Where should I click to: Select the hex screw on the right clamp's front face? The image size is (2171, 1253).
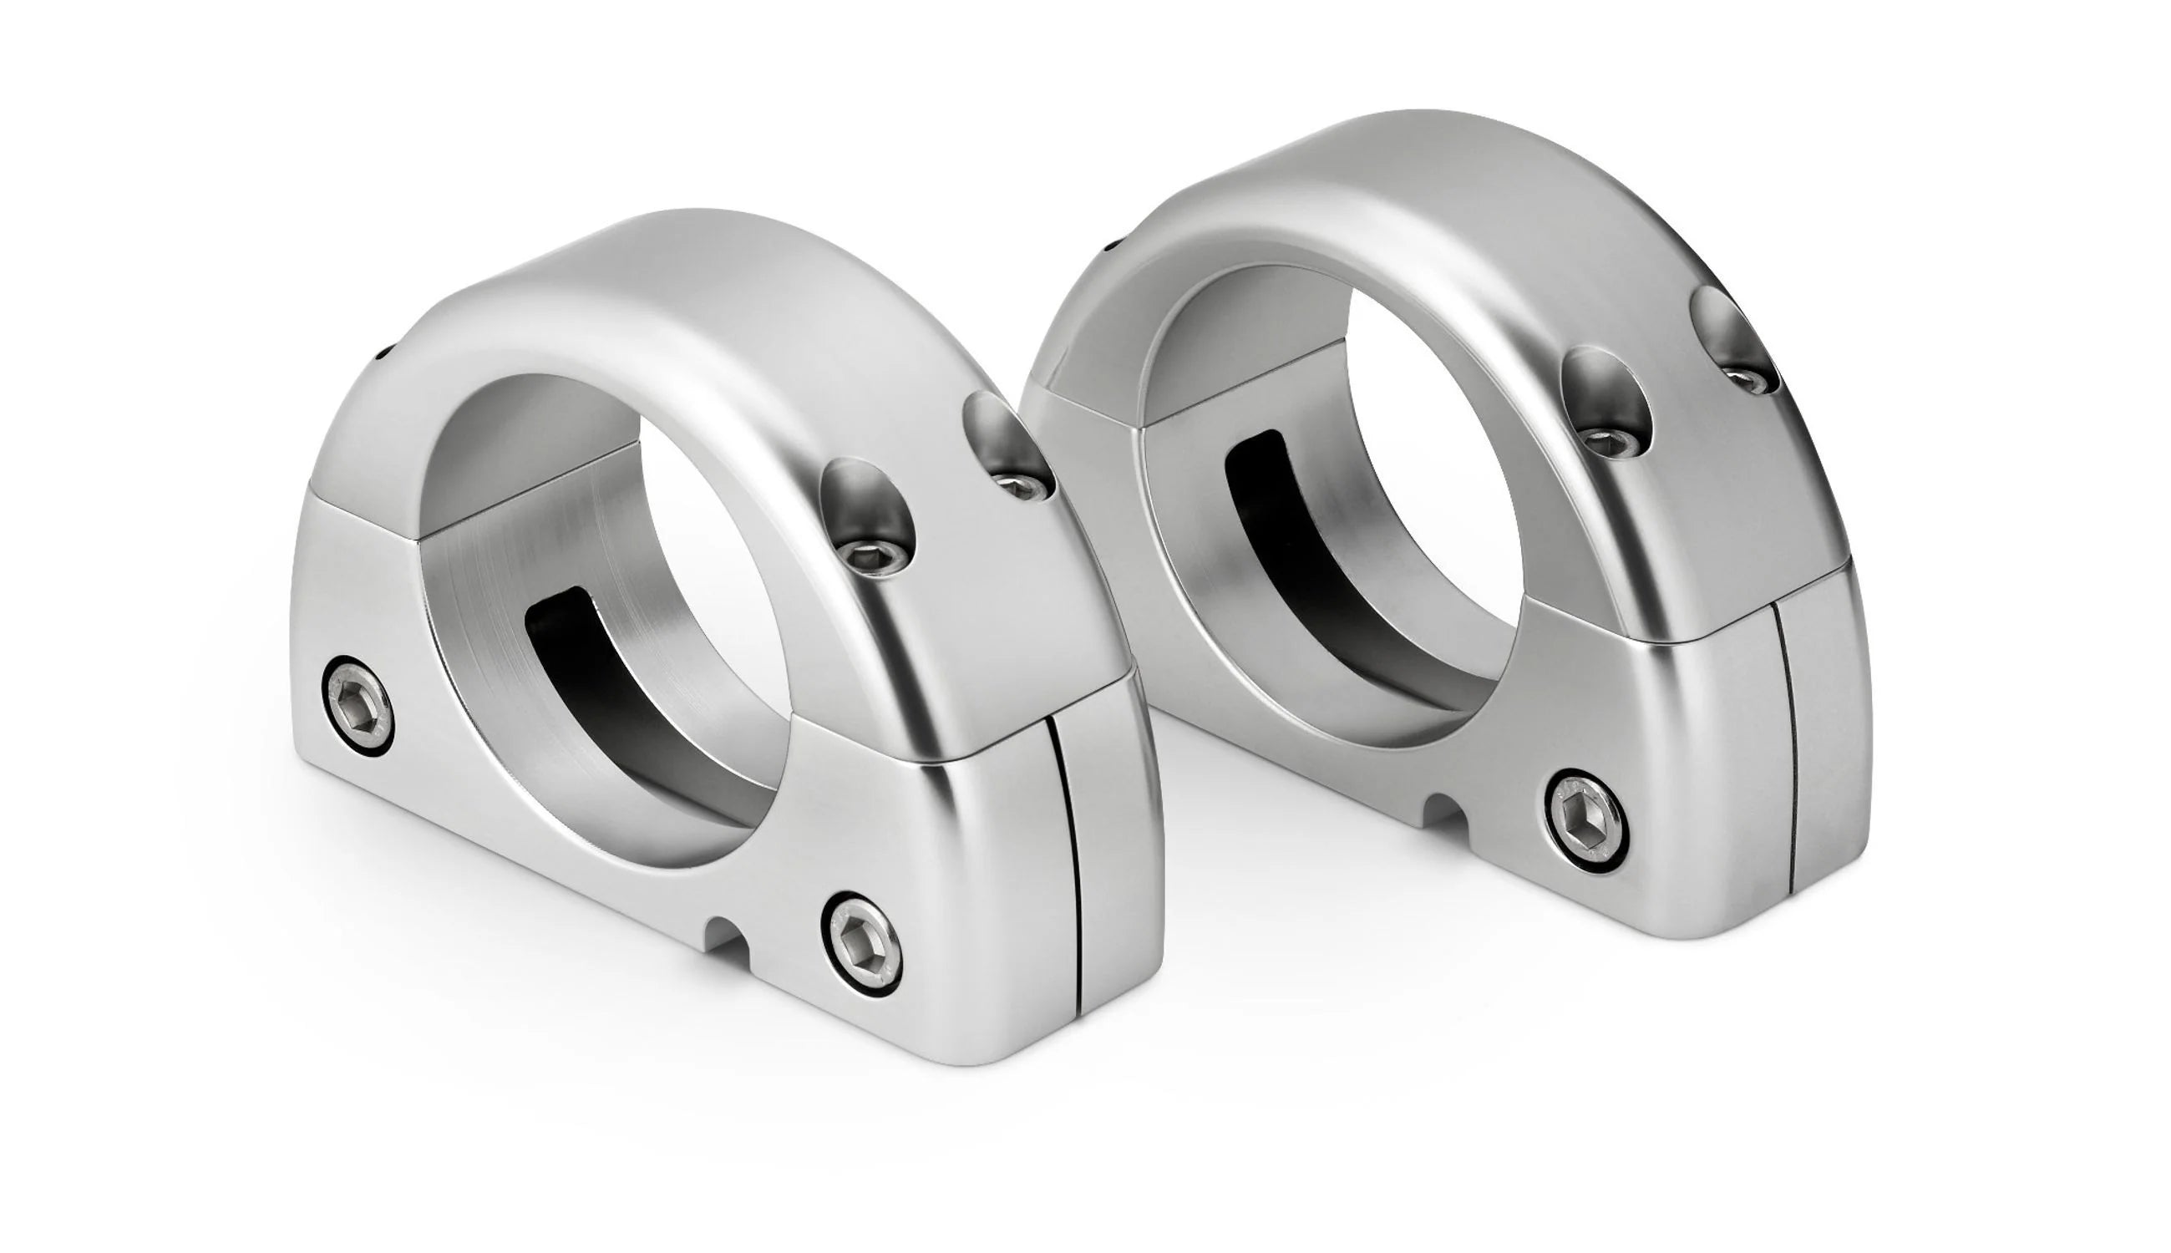coord(1586,820)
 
